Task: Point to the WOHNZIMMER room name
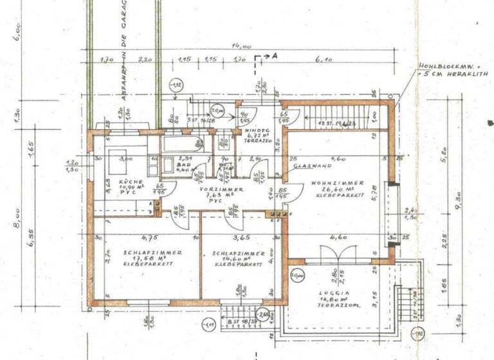tap(333, 183)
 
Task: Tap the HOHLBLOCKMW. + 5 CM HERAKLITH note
tap(453, 70)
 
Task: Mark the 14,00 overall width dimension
tap(242, 46)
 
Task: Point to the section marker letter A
tap(274, 56)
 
